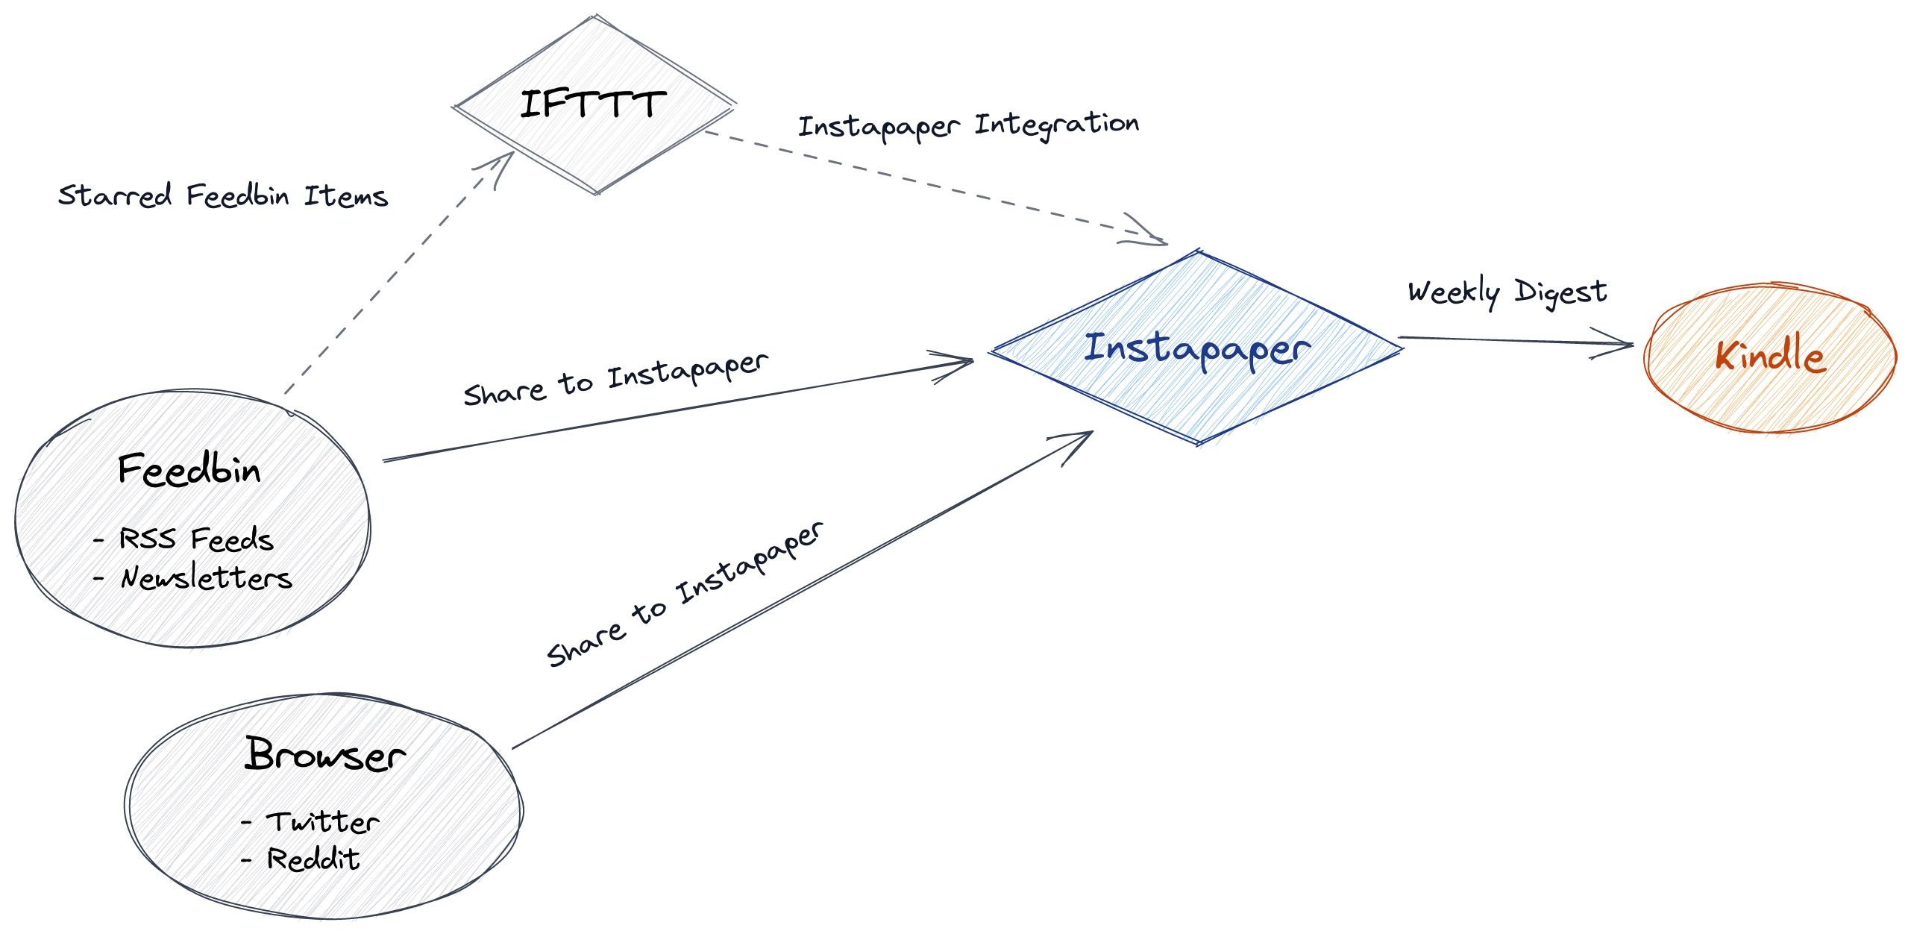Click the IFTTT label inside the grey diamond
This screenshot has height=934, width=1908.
pos(592,104)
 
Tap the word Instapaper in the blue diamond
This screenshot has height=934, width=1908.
pos(1196,349)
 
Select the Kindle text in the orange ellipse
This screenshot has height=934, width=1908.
pos(1770,355)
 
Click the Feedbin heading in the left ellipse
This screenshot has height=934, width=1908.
pos(189,470)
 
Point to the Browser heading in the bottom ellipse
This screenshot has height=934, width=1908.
pos(325,755)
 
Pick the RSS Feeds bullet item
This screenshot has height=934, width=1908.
pos(195,539)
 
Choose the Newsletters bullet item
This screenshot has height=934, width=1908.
pos(206,578)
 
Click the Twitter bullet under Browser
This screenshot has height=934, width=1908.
pos(322,822)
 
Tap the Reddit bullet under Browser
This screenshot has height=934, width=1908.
pos(313,859)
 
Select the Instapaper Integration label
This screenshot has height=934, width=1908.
pos(968,125)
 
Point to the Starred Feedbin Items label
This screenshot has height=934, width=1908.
pos(222,196)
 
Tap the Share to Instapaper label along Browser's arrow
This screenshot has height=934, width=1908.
pos(685,594)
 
